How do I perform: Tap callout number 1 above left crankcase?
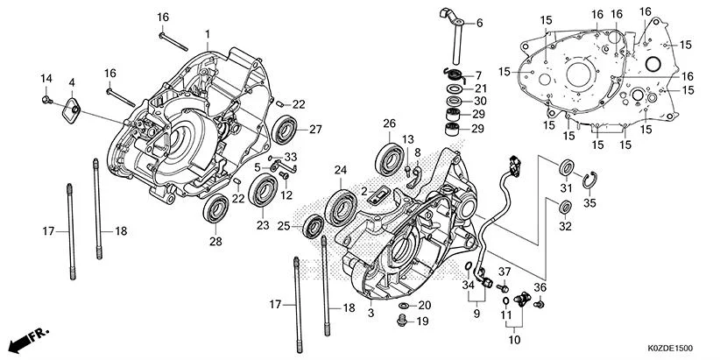[208, 34]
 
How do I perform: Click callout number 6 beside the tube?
[479, 23]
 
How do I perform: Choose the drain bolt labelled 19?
[402, 323]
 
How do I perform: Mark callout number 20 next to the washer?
[425, 305]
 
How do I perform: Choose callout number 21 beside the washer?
[480, 88]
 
